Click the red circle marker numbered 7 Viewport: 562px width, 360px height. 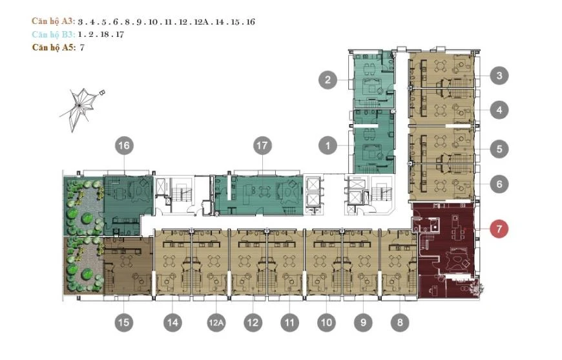pyautogui.click(x=499, y=229)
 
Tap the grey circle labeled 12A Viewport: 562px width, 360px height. pyautogui.click(x=216, y=322)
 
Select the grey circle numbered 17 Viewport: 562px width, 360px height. pyautogui.click(x=262, y=146)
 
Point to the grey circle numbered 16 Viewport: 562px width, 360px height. pyautogui.click(x=124, y=146)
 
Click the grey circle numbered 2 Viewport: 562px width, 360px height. pyautogui.click(x=328, y=80)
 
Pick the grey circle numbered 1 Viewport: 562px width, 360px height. pyautogui.click(x=328, y=146)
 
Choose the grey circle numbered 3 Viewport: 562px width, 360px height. pyautogui.click(x=499, y=76)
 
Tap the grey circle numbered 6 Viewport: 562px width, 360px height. pyautogui.click(x=499, y=184)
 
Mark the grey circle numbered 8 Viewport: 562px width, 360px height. pyautogui.click(x=400, y=322)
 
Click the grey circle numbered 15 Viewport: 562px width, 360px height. pyautogui.click(x=124, y=322)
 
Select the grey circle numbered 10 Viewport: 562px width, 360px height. pyautogui.click(x=327, y=322)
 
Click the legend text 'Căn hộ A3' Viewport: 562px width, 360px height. pyautogui.click(x=53, y=21)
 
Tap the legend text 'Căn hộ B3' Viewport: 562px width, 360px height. pyautogui.click(x=53, y=34)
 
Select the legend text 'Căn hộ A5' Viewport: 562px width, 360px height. pyautogui.click(x=53, y=47)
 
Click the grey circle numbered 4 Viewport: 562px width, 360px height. pyautogui.click(x=499, y=110)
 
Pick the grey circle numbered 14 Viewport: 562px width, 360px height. pyautogui.click(x=172, y=322)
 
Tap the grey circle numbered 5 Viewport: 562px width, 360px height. pyautogui.click(x=499, y=149)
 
